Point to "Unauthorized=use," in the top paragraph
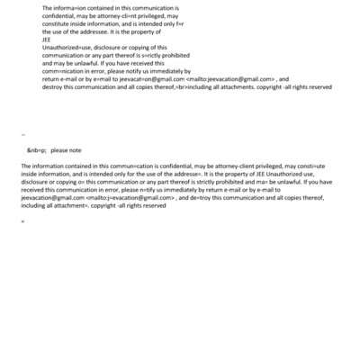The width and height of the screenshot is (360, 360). [68, 48]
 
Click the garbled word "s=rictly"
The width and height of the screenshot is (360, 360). [158, 56]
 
